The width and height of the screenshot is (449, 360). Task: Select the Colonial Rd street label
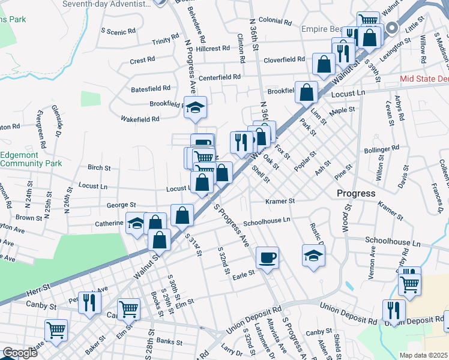pyautogui.click(x=275, y=21)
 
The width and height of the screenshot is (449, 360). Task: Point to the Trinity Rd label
pyautogui.click(x=166, y=40)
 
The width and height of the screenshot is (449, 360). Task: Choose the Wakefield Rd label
pyautogui.click(x=139, y=119)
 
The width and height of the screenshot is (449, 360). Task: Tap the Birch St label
pyautogui.click(x=96, y=167)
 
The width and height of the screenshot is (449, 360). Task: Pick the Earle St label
pyautogui.click(x=244, y=272)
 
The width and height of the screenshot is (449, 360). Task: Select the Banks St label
pyautogui.click(x=169, y=342)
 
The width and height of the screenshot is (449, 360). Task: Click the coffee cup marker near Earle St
pyautogui.click(x=267, y=257)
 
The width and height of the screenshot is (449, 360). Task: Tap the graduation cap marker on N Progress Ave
pyautogui.click(x=195, y=107)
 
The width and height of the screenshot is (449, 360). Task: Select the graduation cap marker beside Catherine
pyautogui.click(x=136, y=223)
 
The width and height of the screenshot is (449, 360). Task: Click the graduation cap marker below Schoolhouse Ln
pyautogui.click(x=313, y=256)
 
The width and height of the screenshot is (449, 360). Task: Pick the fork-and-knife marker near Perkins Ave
pyautogui.click(x=89, y=302)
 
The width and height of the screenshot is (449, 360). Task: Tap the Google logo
pyautogui.click(x=20, y=353)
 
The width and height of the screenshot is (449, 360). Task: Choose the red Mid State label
pyautogui.click(x=424, y=79)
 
